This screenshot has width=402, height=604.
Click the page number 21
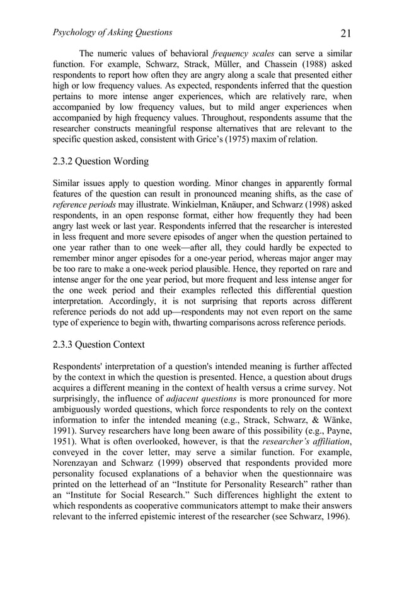coord(345,33)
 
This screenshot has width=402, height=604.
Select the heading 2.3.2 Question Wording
coord(101,162)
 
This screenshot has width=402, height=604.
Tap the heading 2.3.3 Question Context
coord(98,345)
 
